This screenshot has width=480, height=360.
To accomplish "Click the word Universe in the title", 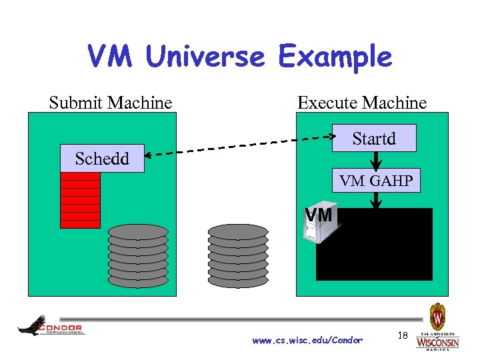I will pyautogui.click(x=205, y=58).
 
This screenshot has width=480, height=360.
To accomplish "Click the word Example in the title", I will pyautogui.click(x=335, y=58).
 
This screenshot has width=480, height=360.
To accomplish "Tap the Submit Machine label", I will pyautogui.click(x=111, y=103).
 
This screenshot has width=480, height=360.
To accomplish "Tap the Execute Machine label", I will pyautogui.click(x=362, y=103).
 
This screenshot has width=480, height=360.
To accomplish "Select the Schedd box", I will pyautogui.click(x=101, y=159).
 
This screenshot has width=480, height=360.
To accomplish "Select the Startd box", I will pyautogui.click(x=374, y=139).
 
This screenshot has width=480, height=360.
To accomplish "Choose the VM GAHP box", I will pyautogui.click(x=376, y=180).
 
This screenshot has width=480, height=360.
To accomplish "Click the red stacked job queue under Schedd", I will pyautogui.click(x=80, y=200).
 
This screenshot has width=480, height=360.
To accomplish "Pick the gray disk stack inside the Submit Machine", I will pyautogui.click(x=138, y=256).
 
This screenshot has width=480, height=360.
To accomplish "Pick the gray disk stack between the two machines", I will pyautogui.click(x=238, y=255).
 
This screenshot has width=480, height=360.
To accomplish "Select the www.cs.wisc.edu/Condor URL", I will pyautogui.click(x=307, y=341).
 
